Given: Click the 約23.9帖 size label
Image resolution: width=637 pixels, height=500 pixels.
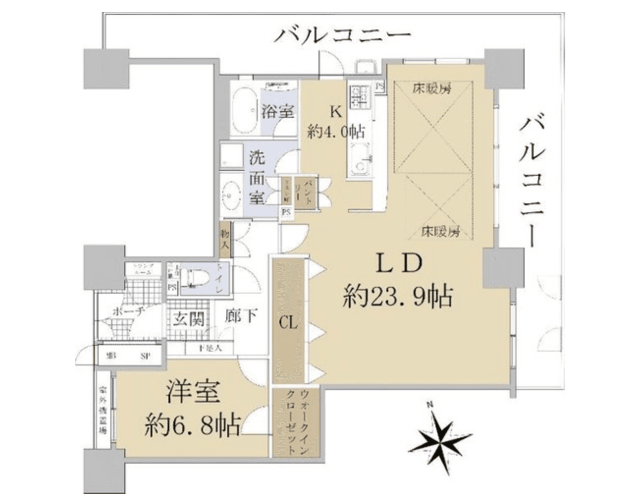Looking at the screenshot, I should (x=398, y=296).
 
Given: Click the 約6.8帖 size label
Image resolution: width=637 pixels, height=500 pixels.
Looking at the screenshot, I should (x=192, y=425).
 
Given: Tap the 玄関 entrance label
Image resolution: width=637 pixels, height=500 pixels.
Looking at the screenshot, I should (x=188, y=319).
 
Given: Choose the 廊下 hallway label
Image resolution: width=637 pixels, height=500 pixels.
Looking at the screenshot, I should (x=241, y=316).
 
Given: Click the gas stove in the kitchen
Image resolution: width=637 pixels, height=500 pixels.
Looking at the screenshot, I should (x=360, y=97).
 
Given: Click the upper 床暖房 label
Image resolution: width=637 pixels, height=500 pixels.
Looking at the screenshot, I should (x=432, y=89).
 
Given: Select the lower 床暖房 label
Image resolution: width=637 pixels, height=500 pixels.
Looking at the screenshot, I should (x=440, y=231).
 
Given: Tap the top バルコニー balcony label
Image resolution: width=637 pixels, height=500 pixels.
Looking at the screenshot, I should (x=342, y=36).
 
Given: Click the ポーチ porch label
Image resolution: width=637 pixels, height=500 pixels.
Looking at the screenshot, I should (x=128, y=311).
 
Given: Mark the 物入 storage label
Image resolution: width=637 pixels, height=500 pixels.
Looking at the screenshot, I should (x=225, y=238).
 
